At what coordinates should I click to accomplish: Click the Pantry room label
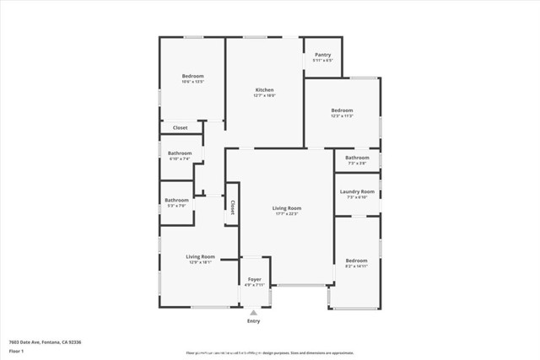click(322, 55)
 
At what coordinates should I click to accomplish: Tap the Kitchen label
click(265, 89)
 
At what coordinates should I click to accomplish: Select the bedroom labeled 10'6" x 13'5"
click(192, 76)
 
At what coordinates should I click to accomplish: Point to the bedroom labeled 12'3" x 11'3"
click(342, 110)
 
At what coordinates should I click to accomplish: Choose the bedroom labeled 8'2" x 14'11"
click(356, 261)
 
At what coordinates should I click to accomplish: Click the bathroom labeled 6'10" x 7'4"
click(180, 153)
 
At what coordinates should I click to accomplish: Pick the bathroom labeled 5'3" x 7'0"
click(176, 200)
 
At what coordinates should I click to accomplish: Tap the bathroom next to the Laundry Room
click(357, 158)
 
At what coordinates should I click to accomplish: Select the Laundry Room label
click(357, 191)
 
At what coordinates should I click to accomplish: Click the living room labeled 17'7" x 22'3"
click(287, 208)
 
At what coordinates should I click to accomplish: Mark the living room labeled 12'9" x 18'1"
click(201, 256)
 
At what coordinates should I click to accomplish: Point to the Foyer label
click(254, 279)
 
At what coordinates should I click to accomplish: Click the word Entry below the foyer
click(254, 320)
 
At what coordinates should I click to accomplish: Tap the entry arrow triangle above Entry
click(254, 312)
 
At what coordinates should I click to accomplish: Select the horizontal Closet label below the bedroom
click(181, 127)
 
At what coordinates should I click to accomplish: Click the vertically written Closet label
click(231, 207)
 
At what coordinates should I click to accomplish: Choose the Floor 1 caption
click(17, 350)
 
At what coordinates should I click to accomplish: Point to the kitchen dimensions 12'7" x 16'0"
click(265, 95)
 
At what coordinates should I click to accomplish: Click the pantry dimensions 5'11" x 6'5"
click(322, 61)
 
